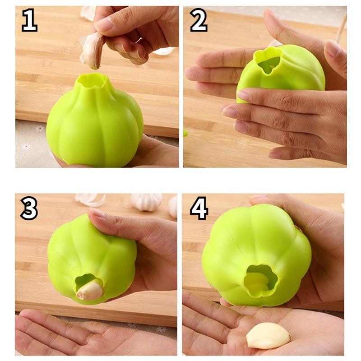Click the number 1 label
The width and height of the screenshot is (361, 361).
pos(29,22)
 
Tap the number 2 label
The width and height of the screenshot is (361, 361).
pos(199,21)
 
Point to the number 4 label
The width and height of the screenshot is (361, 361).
pos(199,208)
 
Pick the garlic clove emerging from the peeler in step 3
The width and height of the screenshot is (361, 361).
pos(90,290)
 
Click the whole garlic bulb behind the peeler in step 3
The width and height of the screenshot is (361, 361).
pos(146,202)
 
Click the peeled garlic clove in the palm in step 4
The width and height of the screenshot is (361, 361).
pos(268,335)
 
